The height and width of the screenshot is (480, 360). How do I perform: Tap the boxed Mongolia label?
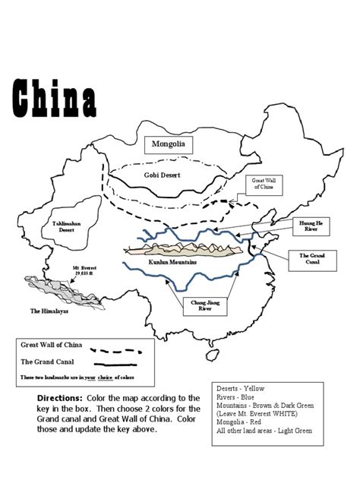tap(168, 144)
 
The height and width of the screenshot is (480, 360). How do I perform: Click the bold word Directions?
tap(59, 398)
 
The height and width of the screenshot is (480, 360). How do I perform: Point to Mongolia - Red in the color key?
tap(246, 422)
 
